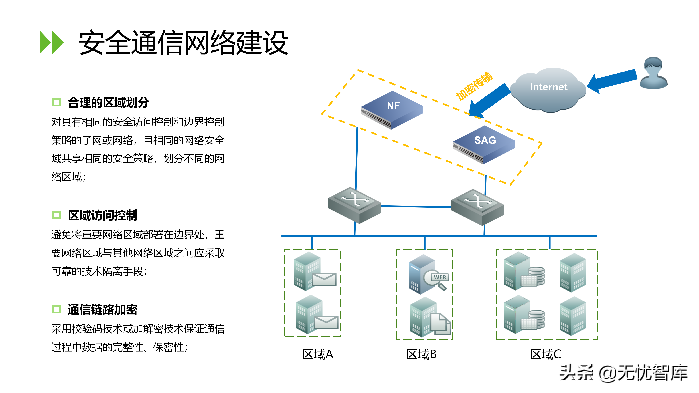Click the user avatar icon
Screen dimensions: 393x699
(x=653, y=73)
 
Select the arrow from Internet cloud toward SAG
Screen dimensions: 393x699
(x=488, y=101)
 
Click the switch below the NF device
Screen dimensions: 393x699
(x=355, y=205)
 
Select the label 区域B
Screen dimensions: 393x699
(x=421, y=354)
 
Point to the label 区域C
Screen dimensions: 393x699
(x=545, y=354)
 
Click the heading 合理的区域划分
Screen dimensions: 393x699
(x=108, y=102)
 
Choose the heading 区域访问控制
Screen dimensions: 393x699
(x=102, y=215)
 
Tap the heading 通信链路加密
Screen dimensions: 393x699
(x=102, y=309)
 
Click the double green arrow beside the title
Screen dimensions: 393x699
(x=51, y=43)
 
